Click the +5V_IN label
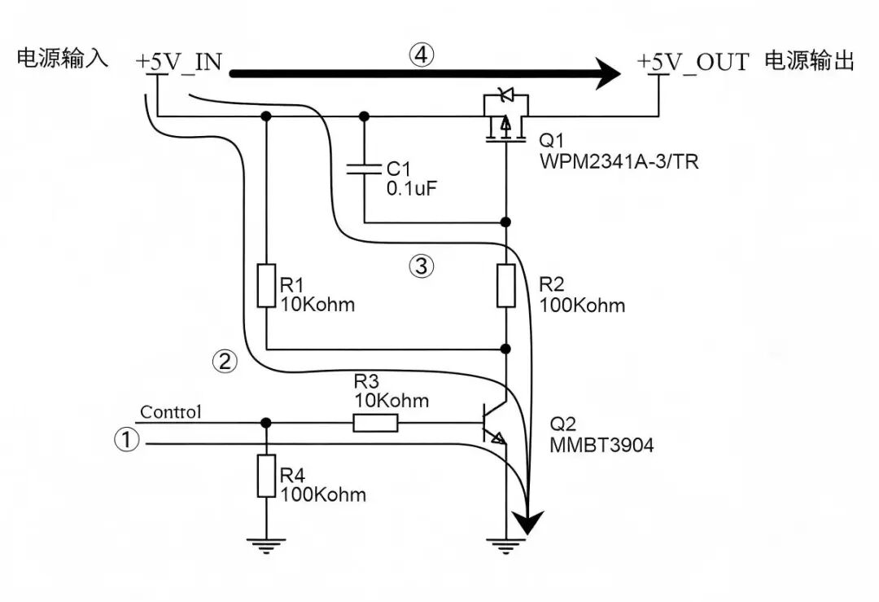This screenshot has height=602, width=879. pyautogui.click(x=179, y=62)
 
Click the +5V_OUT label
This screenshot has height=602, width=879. pyautogui.click(x=693, y=62)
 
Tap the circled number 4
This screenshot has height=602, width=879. pyautogui.click(x=422, y=55)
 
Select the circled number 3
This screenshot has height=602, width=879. pyautogui.click(x=421, y=266)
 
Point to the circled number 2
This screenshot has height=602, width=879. pyautogui.click(x=225, y=361)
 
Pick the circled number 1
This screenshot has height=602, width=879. pyautogui.click(x=127, y=439)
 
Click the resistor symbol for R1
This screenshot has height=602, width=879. pyautogui.click(x=266, y=285)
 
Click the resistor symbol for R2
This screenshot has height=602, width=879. pyautogui.click(x=506, y=285)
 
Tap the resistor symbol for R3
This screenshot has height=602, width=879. pyautogui.click(x=375, y=423)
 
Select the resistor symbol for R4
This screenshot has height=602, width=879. pyautogui.click(x=266, y=476)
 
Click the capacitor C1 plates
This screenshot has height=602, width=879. pyautogui.click(x=364, y=169)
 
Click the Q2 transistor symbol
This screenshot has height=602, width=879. pyautogui.click(x=496, y=423)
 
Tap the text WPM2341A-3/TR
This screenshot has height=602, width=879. pyautogui.click(x=619, y=161)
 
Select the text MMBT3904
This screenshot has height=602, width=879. pyautogui.click(x=601, y=445)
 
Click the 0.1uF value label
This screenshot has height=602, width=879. pyautogui.click(x=411, y=188)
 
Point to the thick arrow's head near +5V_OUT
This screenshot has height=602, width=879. pyautogui.click(x=607, y=73)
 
